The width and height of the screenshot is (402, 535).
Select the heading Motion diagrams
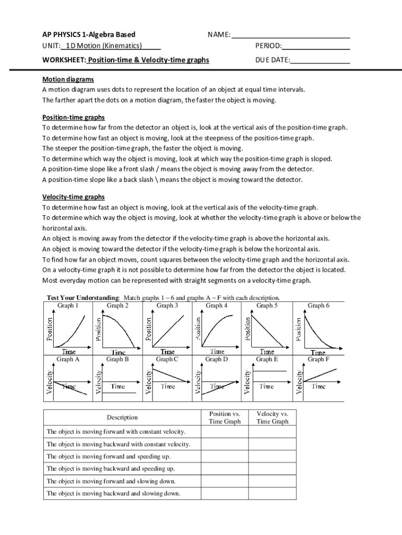pos(68,79)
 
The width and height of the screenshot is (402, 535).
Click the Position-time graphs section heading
pos(73,117)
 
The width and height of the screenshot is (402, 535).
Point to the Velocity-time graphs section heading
pos(73,197)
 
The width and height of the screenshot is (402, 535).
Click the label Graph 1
pos(68,306)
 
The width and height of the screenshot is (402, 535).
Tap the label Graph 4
pos(217,306)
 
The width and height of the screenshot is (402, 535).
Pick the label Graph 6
pos(318,306)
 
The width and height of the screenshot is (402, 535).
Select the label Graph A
pos(68,359)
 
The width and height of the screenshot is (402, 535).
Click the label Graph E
pos(267,359)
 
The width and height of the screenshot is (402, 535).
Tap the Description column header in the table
pos(122,417)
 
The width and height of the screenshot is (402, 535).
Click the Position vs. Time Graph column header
pos(224,417)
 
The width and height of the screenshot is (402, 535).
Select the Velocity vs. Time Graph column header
pos(273,417)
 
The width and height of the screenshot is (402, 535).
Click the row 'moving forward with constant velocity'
pos(116,432)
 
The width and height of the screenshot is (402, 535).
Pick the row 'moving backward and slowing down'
pos(113,493)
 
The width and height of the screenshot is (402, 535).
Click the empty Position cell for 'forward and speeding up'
pos(224,456)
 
